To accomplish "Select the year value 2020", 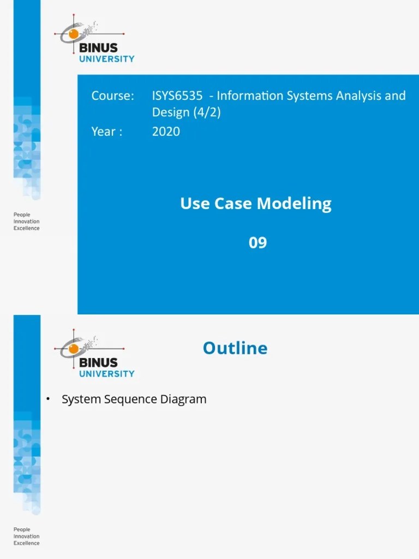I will coord(166,132).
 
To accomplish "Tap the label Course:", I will coord(112,96).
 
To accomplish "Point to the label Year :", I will coord(107,132).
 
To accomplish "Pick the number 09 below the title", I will coord(258,242).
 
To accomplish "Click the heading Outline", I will coord(235,348).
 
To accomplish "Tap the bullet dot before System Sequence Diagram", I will coord(48,399).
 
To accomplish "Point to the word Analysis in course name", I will coord(363,96).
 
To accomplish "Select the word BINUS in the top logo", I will coord(98,47).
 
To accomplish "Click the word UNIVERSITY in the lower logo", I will coord(106,374).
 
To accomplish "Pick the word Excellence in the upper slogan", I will coord(26,228).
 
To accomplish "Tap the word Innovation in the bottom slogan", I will coord(26,537).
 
